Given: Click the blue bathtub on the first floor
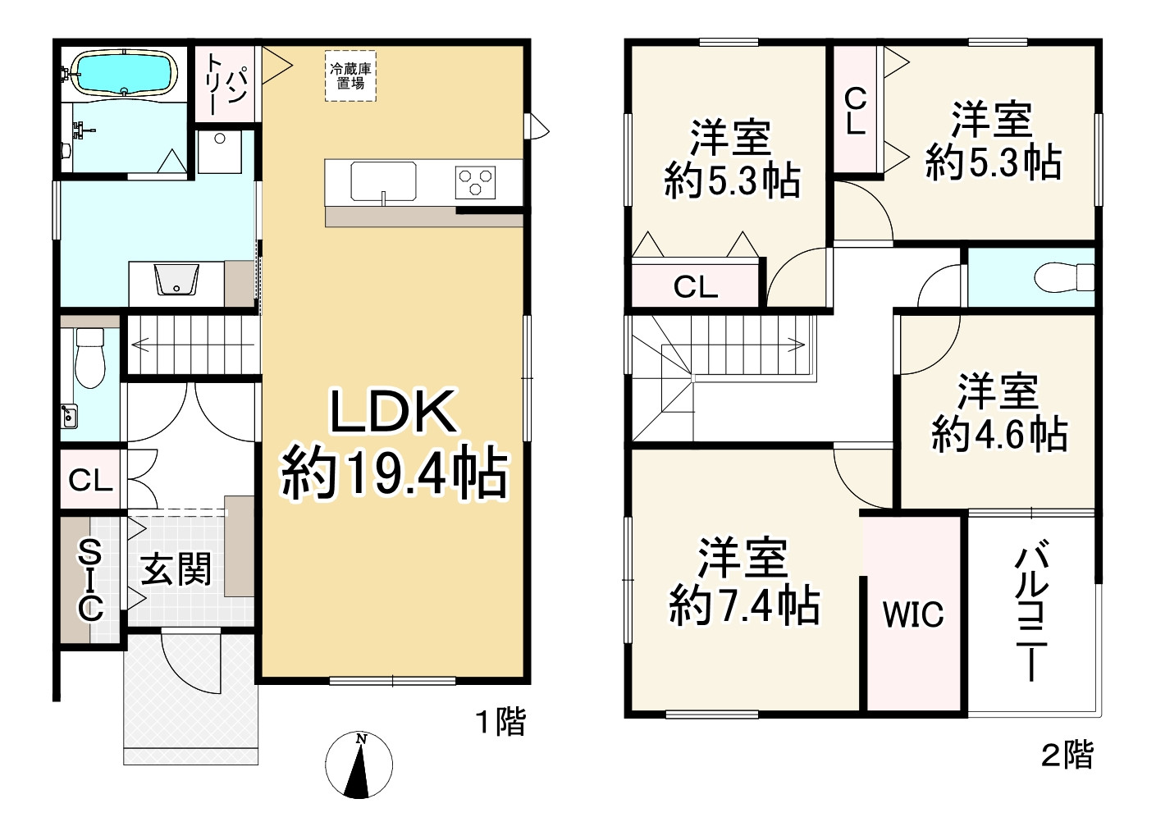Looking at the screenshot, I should click(124, 73).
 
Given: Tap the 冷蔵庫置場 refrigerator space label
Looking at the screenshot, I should click(350, 76).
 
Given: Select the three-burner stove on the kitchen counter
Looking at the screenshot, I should click(476, 181).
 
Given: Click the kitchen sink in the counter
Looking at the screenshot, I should click(383, 180).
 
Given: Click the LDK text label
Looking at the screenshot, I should click(393, 412).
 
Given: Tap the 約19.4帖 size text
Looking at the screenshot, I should click(394, 473).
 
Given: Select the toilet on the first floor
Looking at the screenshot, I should click(89, 358).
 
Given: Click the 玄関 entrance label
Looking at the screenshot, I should click(176, 568).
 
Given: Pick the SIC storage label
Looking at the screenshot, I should click(89, 579).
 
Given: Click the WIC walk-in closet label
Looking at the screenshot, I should click(913, 614).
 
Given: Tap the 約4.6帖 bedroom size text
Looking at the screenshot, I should click(998, 432).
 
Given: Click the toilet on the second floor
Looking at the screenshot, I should click(1064, 276).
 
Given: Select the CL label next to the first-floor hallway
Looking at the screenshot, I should click(89, 480).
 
